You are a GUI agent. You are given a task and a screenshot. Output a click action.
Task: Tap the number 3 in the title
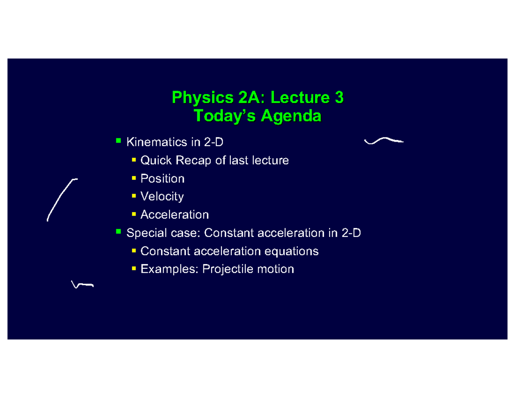click(x=339, y=98)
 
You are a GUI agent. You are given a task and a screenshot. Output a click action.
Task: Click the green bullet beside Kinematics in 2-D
click(x=118, y=140)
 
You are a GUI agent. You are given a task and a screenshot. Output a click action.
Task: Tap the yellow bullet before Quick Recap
click(x=134, y=160)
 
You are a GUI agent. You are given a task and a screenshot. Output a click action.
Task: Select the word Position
click(x=163, y=179)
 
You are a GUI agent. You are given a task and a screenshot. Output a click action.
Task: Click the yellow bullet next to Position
click(x=134, y=178)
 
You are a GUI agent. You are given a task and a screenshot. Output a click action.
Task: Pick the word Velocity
click(x=162, y=197)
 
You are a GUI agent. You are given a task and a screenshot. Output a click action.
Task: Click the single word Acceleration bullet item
click(x=175, y=214)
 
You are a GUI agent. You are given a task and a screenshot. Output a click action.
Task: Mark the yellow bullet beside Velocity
click(x=134, y=196)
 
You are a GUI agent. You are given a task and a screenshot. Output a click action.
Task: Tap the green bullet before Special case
click(x=118, y=232)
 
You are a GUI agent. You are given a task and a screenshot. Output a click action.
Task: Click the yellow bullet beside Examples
click(x=134, y=268)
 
